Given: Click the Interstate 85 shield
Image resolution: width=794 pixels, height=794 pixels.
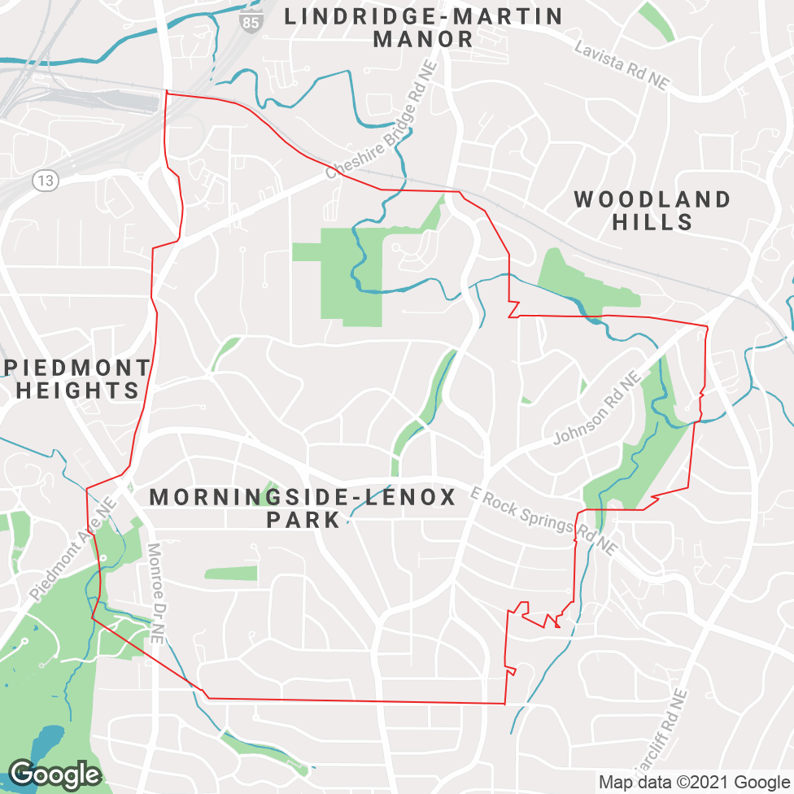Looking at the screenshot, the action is tap(251, 22).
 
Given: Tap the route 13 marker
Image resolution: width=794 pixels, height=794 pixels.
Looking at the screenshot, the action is tap(46, 181).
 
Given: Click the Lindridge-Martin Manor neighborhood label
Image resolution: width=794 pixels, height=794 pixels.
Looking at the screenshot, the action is tap(423, 28).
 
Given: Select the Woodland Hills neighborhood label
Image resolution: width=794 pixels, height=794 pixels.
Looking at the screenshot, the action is tap(652, 211).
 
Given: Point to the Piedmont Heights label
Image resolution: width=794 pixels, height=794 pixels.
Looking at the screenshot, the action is tap(77, 379).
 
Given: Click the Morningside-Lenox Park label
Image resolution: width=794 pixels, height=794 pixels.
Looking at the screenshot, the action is tap(303, 508).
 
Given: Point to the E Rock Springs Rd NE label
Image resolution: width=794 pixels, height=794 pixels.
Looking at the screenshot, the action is tap(543, 521).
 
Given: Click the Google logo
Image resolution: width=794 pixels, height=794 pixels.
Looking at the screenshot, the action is tap(54, 774).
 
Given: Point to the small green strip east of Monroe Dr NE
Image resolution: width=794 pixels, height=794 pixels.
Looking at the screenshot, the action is tap(230, 574).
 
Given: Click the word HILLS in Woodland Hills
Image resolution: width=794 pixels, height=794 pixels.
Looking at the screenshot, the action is tap(652, 221).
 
